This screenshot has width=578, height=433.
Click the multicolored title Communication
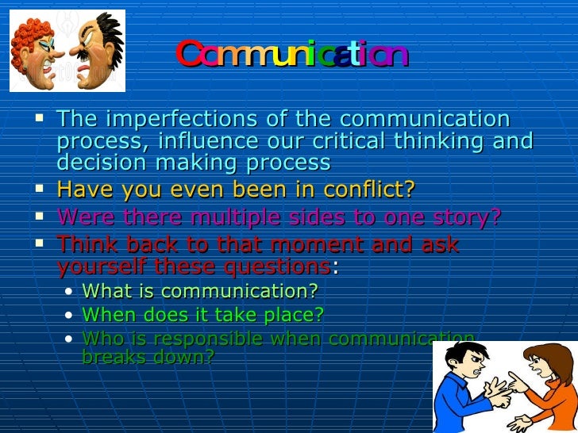[291, 56]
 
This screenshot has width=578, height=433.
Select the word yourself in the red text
[97, 266]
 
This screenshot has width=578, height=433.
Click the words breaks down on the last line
[148, 357]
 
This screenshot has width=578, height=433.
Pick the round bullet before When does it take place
[70, 316]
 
